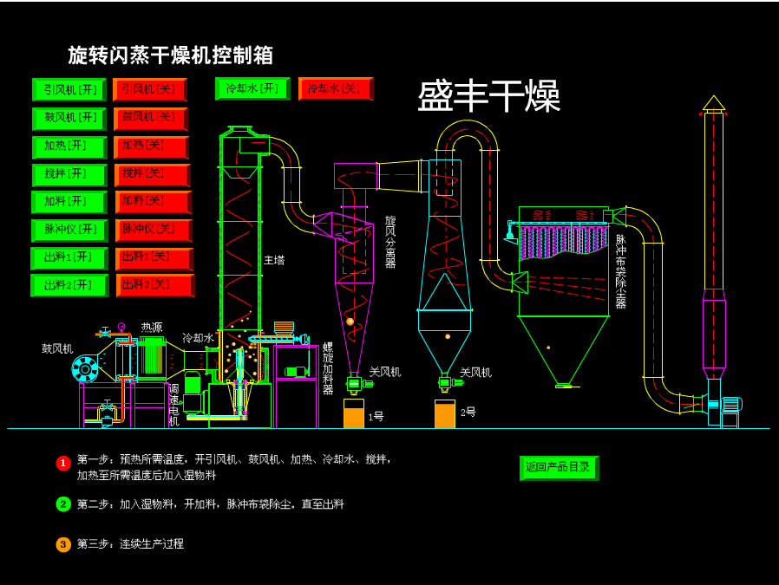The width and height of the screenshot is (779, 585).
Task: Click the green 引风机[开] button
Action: click(69, 89)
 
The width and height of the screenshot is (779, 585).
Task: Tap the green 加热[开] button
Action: click(69, 146)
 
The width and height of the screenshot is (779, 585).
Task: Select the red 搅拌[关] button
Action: click(152, 174)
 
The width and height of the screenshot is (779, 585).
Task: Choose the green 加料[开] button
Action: click(69, 202)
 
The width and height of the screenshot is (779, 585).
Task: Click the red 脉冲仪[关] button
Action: click(154, 231)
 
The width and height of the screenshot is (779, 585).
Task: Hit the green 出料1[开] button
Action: click(69, 258)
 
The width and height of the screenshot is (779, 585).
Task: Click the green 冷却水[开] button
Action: click(252, 88)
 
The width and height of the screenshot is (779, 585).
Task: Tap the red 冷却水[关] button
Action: click(336, 88)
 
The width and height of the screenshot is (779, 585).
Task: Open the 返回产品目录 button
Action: click(559, 467)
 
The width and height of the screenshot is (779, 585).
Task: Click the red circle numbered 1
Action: click(63, 463)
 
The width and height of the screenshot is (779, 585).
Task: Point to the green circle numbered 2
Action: click(63, 504)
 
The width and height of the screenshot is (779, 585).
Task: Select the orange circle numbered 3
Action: click(63, 544)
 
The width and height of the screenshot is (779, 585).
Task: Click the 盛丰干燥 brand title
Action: click(488, 95)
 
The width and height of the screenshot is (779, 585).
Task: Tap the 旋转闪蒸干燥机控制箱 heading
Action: click(171, 55)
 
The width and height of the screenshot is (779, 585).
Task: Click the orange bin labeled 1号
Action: click(354, 413)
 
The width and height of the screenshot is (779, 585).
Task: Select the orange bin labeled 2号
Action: click(445, 413)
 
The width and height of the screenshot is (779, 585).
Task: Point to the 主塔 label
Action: click(274, 260)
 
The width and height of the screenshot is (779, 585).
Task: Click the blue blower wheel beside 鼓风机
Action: click(85, 369)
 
